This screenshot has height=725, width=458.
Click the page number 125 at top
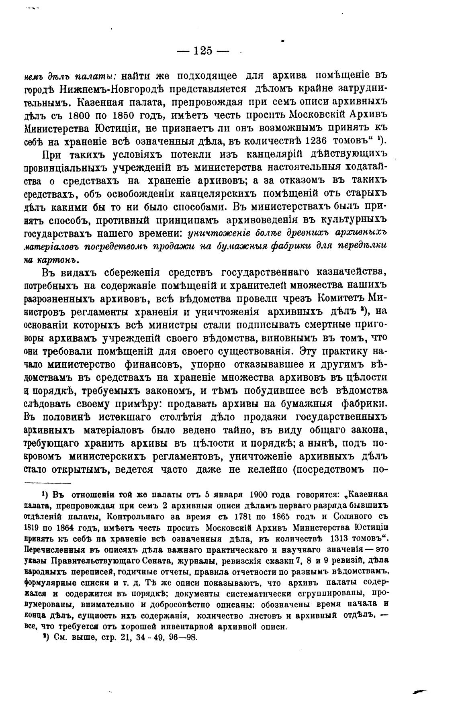202,51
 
